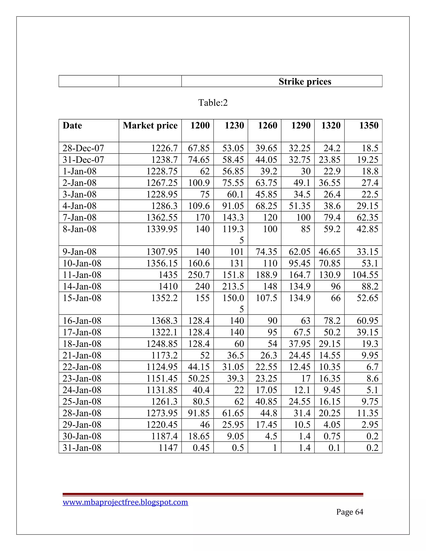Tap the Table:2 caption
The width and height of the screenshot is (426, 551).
pyautogui.click(x=213, y=103)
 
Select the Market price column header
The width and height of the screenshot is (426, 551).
pyautogui.click(x=150, y=125)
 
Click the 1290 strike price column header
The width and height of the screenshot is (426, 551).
pyautogui.click(x=301, y=125)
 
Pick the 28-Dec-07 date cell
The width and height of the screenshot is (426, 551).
pyautogui.click(x=83, y=148)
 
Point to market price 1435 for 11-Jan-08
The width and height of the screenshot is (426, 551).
pyautogui.click(x=168, y=275)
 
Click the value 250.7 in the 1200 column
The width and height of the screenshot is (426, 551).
pyautogui.click(x=199, y=275)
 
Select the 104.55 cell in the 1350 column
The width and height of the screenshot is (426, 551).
pyautogui.click(x=365, y=275)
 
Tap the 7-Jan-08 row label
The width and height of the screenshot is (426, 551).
pyautogui.click(x=79, y=217)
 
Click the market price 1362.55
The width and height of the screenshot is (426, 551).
pyautogui.click(x=162, y=217)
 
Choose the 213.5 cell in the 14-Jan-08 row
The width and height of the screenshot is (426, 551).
pyautogui.click(x=233, y=286)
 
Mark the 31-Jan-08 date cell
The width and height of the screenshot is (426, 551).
pyautogui.click(x=82, y=448)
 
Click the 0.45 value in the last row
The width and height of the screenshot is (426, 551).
pyautogui.click(x=201, y=448)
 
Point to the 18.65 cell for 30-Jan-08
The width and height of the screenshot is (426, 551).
pyautogui.click(x=199, y=436)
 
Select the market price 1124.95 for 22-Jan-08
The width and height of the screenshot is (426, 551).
pyautogui.click(x=162, y=367)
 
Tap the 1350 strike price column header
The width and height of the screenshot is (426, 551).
pyautogui.click(x=369, y=125)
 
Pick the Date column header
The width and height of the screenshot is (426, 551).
pyautogui.click(x=72, y=125)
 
